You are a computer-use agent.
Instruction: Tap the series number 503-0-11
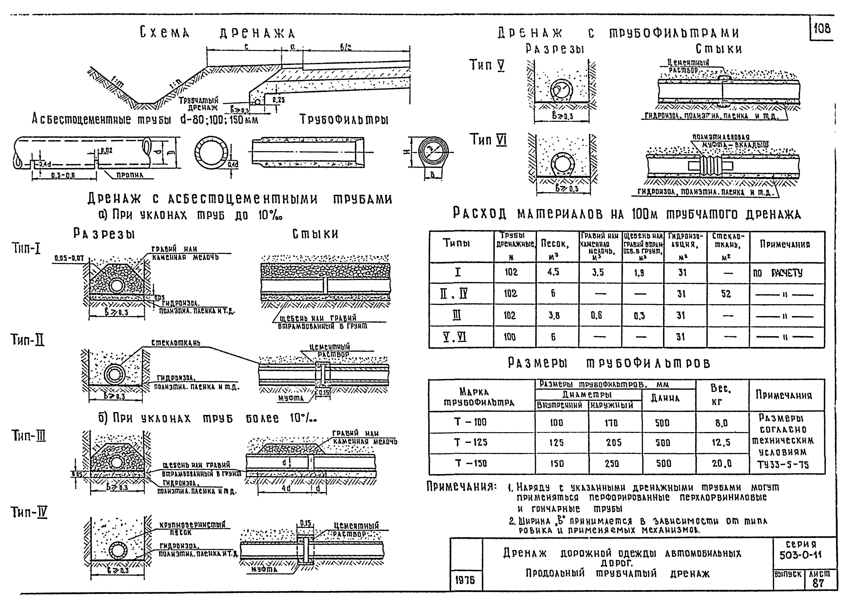[801, 555]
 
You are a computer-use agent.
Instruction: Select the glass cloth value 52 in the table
[726, 294]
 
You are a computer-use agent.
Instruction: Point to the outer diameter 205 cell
[614, 443]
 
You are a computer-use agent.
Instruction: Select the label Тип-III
[28, 435]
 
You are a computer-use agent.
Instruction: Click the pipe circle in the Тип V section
[560, 90]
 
